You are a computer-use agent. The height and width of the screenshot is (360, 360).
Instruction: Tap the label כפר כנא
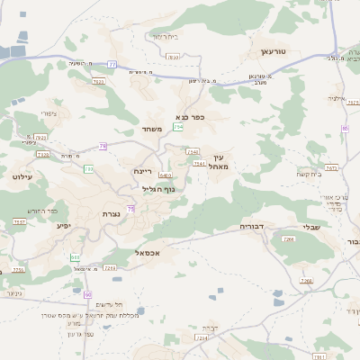[x=191, y=116]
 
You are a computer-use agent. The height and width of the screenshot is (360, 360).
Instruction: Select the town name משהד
[x=151, y=130]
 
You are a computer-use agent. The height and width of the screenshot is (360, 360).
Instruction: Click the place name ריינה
[x=142, y=171]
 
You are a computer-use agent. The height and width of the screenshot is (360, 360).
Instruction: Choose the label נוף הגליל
[x=158, y=189]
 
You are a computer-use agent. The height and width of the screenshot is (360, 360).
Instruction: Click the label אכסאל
[x=147, y=253]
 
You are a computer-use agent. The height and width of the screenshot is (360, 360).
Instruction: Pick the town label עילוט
[x=22, y=176]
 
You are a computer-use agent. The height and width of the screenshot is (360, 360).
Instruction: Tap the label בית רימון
[x=166, y=36]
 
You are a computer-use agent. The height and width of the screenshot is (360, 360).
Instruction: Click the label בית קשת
[x=332, y=175]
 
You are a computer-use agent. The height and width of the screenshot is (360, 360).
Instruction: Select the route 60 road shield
[x=88, y=294]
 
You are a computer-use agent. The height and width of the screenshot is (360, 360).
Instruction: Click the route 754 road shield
[x=178, y=128]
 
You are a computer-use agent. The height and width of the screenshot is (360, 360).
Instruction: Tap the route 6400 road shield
[x=165, y=175]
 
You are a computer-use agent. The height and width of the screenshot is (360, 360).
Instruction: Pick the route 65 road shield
[x=345, y=129]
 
